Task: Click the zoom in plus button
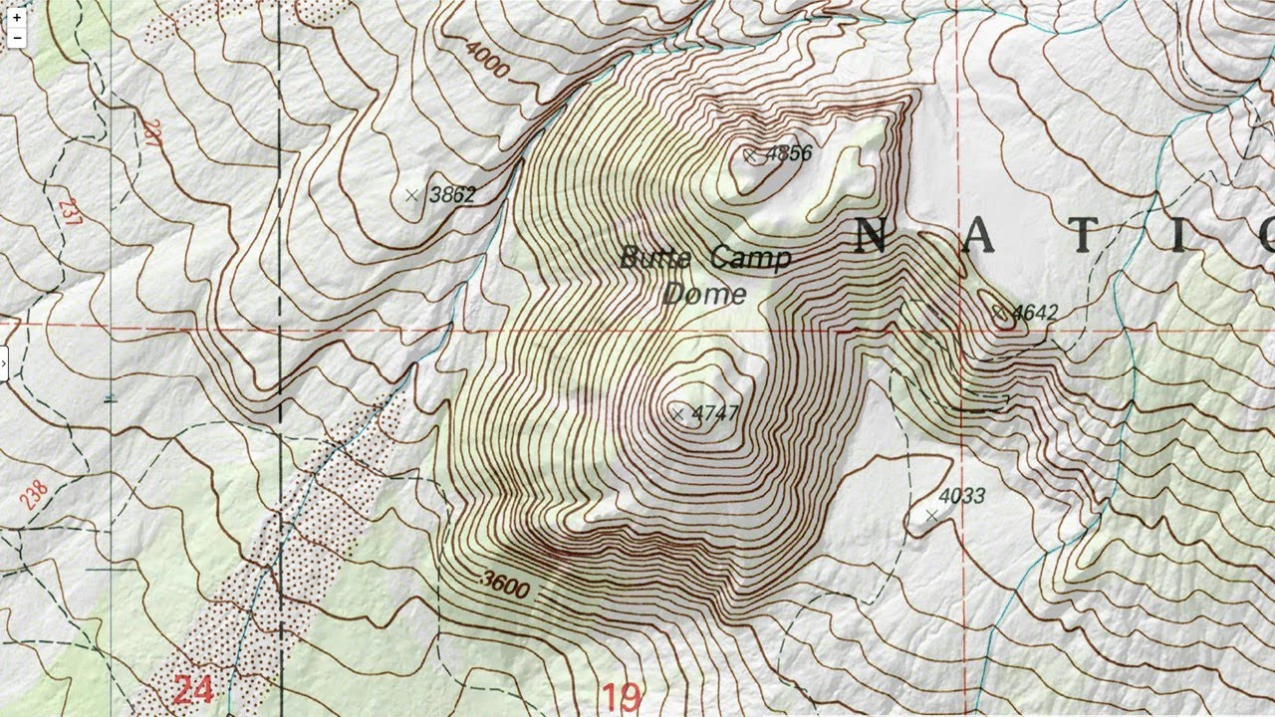tap(17, 18)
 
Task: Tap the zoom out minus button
tap(17, 38)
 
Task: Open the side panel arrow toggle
tap(4, 363)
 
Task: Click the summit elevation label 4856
tap(788, 153)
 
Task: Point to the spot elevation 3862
tap(451, 194)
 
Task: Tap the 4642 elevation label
tap(1034, 314)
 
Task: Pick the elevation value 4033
tap(961, 496)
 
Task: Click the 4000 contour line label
tap(487, 60)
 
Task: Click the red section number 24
tap(192, 688)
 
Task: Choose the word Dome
tap(704, 294)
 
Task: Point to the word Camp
tap(751, 259)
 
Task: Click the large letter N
tap(871, 237)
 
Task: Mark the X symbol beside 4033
tap(931, 515)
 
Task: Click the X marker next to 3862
tap(412, 195)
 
